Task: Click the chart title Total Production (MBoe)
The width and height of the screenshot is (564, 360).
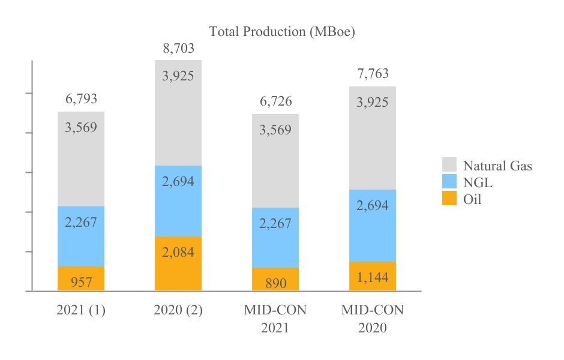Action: [282, 32]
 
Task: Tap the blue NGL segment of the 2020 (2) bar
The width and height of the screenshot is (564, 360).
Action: [178, 201]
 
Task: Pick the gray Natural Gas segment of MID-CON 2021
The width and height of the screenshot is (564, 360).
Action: [275, 161]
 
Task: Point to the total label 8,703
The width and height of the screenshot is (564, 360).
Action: [178, 49]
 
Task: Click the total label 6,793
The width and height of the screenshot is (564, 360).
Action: [81, 99]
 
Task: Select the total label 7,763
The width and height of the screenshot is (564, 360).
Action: [373, 74]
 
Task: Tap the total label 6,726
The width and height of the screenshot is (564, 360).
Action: [275, 101]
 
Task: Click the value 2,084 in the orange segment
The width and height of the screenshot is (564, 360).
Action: [178, 252]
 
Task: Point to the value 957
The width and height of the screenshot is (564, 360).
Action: [81, 282]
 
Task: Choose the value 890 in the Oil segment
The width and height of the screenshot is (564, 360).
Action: [275, 283]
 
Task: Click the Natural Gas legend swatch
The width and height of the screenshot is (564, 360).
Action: [449, 166]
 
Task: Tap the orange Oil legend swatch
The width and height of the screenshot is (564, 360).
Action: [449, 199]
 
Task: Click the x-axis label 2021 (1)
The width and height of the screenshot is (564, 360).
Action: [81, 311]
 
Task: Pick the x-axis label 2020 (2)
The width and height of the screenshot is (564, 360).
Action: [178, 311]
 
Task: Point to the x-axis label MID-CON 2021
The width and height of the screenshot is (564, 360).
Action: [275, 319]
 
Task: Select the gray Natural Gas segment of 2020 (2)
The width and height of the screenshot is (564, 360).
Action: [178, 113]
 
